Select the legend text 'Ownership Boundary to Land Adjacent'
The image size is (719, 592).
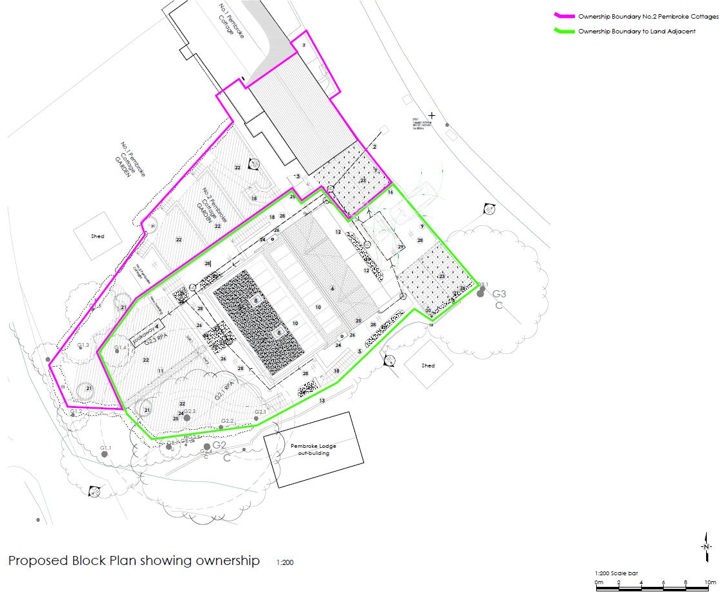click(636, 32)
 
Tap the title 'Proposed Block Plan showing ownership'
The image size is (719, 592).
click(134, 560)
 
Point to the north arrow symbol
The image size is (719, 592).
click(705, 546)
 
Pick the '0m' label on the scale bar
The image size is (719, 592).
click(599, 582)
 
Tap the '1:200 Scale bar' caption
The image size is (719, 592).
click(616, 572)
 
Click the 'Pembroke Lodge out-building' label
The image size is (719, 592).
click(313, 449)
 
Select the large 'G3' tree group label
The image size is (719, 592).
click(500, 294)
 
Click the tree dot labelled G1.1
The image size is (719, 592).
click(104, 454)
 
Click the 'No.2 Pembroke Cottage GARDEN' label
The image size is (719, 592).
click(208, 205)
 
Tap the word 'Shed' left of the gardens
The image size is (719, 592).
click(97, 236)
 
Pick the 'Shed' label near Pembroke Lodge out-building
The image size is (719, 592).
click(428, 365)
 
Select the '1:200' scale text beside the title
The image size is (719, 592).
click(285, 562)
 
